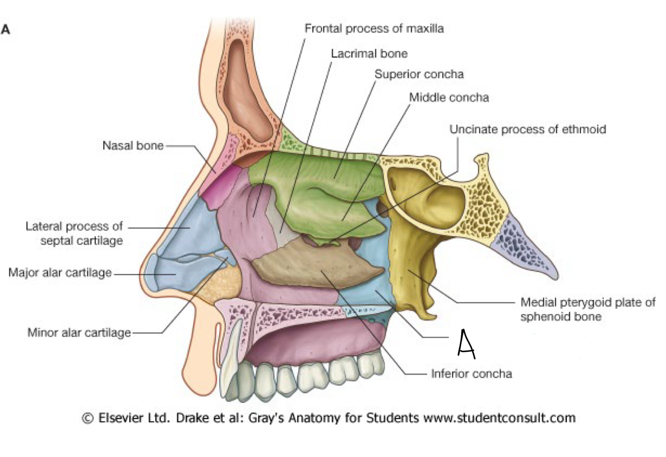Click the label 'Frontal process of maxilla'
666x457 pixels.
[374, 29]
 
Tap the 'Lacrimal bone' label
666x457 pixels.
[369, 54]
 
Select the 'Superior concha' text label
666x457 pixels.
[419, 74]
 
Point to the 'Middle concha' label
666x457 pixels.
[449, 98]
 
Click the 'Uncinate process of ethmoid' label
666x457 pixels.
[527, 130]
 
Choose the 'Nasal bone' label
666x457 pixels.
[133, 146]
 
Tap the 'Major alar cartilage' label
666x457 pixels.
[60, 273]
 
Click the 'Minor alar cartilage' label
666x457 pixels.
[79, 333]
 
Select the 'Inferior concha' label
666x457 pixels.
[471, 373]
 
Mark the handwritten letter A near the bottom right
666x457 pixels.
[466, 344]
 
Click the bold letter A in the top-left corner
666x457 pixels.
[6, 29]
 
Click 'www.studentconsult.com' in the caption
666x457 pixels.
[500, 418]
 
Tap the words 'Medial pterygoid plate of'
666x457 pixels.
[588, 302]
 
